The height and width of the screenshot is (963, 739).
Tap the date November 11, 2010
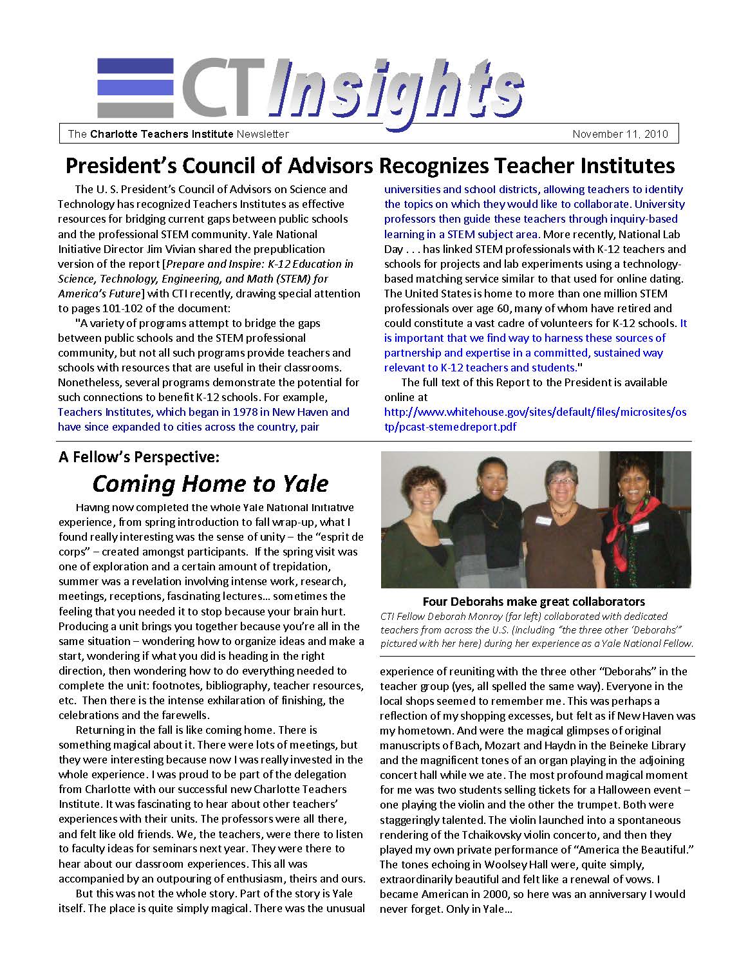[x=621, y=134]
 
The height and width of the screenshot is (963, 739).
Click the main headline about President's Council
[x=370, y=165]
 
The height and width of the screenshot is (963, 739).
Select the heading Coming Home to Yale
[x=210, y=483]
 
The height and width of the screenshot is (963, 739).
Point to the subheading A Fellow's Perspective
[x=139, y=457]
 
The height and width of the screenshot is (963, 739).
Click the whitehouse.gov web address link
[x=535, y=419]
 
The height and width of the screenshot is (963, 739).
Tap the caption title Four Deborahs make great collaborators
[x=534, y=602]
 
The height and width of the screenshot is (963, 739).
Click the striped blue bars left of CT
[x=135, y=88]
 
